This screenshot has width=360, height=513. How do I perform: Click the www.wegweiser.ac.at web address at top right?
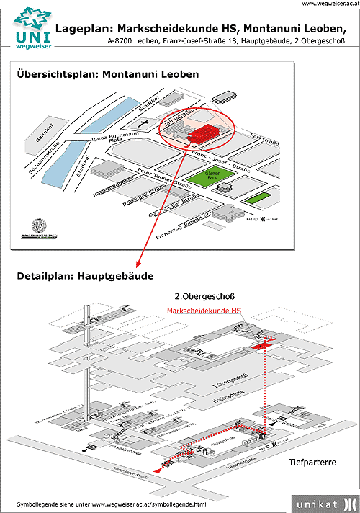pos(328,4)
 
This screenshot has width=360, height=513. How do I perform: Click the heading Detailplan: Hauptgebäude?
pos(86,276)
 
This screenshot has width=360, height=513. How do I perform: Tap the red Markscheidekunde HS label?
pos(204,311)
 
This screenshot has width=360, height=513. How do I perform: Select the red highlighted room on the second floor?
pos(260,347)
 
